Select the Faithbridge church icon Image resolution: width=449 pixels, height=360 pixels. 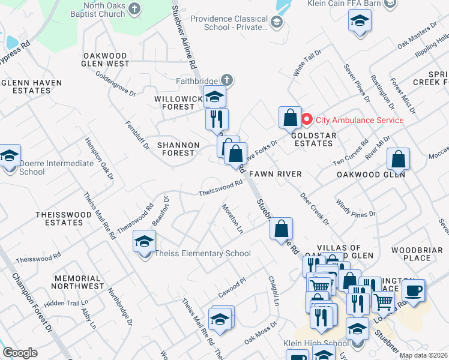click(x=226, y=79)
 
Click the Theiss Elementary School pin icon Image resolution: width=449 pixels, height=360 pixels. click(x=144, y=242)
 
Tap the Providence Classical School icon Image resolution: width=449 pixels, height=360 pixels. click(x=276, y=23)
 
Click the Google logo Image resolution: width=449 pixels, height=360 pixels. click(x=20, y=353)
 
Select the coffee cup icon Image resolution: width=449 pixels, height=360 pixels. click(x=413, y=291)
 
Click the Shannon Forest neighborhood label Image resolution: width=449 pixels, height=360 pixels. click(x=178, y=149)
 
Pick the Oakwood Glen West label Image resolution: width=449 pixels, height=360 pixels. click(x=106, y=59)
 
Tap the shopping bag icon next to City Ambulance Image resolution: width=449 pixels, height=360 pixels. click(x=290, y=118)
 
